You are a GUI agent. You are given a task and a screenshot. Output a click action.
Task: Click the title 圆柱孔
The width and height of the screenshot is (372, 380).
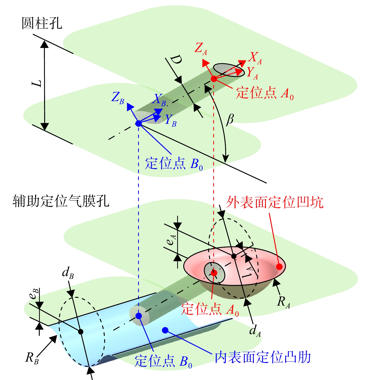[x=42, y=23]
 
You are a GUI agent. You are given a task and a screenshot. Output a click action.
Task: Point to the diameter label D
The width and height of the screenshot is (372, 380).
[x=176, y=60]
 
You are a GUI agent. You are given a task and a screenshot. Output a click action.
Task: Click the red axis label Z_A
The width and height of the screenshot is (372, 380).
[x=201, y=48]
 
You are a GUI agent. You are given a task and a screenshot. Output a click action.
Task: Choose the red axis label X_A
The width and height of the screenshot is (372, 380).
[x=255, y=58]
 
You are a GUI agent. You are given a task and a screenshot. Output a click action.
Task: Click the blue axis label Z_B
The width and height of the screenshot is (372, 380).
[x=118, y=98]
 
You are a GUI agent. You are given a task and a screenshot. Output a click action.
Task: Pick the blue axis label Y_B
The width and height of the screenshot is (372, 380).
[x=171, y=120]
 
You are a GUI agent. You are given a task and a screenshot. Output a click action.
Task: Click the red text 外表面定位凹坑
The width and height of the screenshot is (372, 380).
[x=275, y=202]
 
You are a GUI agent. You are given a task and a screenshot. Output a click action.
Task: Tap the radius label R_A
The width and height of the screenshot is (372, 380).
[x=284, y=302]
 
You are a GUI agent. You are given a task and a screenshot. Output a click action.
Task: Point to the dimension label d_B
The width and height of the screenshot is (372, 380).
[x=68, y=273]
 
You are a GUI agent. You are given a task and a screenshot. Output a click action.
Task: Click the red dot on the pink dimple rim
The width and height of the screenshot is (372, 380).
[x=279, y=267]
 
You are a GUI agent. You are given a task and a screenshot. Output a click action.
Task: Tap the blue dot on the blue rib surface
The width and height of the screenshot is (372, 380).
[x=165, y=330]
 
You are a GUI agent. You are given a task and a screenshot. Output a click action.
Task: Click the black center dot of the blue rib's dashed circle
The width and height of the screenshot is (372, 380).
[x=81, y=332]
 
